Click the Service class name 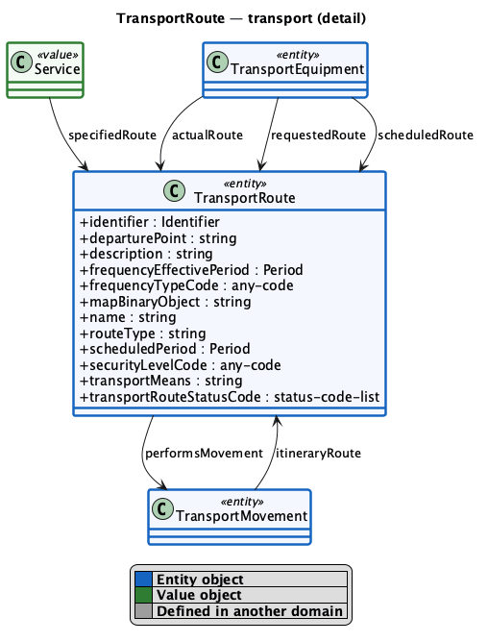pos(57,69)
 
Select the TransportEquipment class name pos(297,69)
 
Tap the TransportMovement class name pos(241,516)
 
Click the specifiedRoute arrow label pos(112,136)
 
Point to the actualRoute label pos(207,136)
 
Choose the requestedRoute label pos(318,136)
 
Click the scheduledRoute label pos(426,136)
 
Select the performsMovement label pos(204,454)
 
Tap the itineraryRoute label pos(318,454)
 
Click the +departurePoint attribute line pos(159,238)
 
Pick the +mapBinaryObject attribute pos(165,302)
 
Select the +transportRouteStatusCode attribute pos(230,397)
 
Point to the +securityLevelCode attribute pos(181,365)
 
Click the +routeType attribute pos(143,333)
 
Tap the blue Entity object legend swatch pos(143,580)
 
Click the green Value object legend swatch pos(143,595)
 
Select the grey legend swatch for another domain pos(143,610)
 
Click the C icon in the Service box pos(21,62)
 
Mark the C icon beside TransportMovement pos(162,509)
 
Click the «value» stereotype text pos(58,55)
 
